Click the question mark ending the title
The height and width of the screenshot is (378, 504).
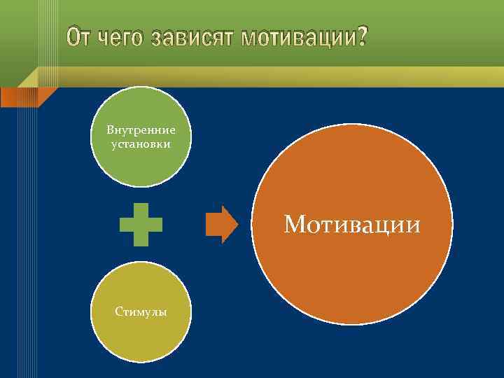pos(358,37)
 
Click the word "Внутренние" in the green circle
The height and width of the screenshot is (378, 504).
pos(141,130)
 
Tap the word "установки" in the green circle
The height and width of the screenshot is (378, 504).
pos(141,143)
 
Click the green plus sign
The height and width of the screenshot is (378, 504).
pos(141,224)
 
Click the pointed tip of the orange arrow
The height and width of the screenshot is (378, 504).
pos(237,224)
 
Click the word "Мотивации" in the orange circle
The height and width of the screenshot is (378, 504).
pos(352,225)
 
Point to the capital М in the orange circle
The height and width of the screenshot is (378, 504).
pos(295,225)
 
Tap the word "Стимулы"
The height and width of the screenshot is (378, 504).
pos(141,311)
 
